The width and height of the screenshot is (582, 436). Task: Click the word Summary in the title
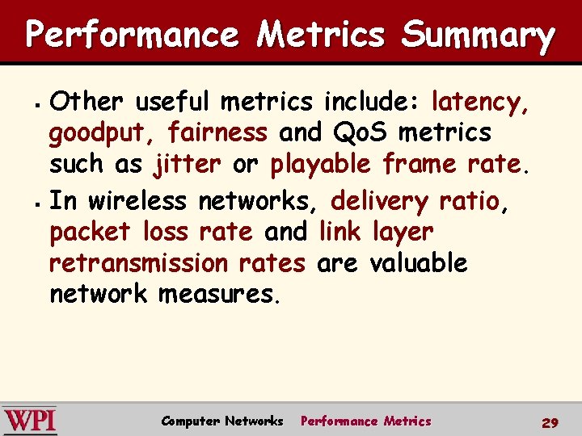pos(479,36)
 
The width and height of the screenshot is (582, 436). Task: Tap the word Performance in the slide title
pos(132,36)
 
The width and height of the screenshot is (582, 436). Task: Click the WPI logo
pos(29,421)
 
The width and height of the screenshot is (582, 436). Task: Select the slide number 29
pos(550,422)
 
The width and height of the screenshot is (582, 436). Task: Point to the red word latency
pos(480,103)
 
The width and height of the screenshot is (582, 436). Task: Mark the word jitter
pos(187,164)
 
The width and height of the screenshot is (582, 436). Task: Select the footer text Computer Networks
pos(222,421)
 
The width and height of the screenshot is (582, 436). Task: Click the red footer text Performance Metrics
pos(365,421)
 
